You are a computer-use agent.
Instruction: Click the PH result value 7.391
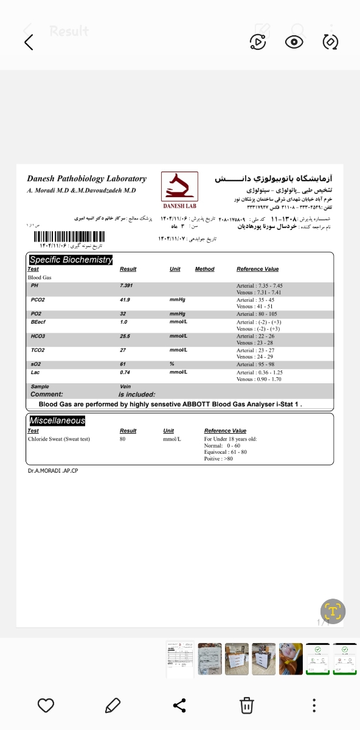127,285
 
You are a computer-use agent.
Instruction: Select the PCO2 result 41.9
126,300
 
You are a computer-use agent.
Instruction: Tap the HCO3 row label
38,336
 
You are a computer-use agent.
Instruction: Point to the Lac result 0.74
125,372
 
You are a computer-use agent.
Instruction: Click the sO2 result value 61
123,364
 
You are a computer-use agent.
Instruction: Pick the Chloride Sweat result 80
122,439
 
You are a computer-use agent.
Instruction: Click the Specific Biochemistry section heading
71,260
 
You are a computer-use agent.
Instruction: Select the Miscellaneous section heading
57,420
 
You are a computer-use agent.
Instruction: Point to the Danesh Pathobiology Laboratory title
86,179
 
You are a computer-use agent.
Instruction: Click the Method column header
204,269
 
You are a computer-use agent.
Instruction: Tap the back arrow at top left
29,42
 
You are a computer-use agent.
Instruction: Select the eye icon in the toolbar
294,41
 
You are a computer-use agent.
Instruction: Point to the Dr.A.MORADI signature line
53,470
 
